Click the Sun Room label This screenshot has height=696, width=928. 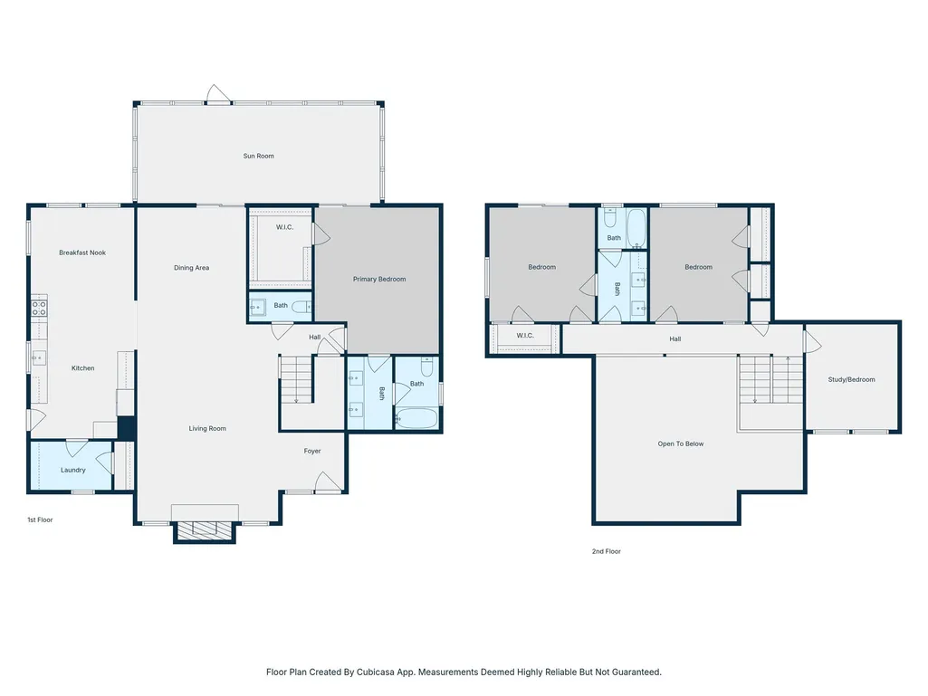(x=259, y=157)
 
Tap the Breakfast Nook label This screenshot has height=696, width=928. (x=82, y=253)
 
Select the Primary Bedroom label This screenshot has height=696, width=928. (x=379, y=280)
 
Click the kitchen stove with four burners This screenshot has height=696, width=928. (x=39, y=308)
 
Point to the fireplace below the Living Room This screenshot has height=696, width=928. (x=205, y=531)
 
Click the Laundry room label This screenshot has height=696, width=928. (x=72, y=471)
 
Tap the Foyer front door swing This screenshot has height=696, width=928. (x=328, y=481)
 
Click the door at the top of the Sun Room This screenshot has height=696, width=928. (x=218, y=93)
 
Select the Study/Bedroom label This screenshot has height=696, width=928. (x=851, y=380)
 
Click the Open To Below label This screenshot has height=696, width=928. (x=681, y=443)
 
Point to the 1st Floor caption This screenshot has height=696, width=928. (x=40, y=520)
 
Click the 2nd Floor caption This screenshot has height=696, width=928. (x=607, y=551)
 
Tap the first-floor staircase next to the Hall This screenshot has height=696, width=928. (x=297, y=379)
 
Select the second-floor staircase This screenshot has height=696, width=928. (x=770, y=379)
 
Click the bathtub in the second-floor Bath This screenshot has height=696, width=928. (x=636, y=228)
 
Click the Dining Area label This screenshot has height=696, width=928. (x=191, y=268)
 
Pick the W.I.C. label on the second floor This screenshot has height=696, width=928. (x=525, y=336)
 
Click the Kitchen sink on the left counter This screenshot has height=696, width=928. (x=39, y=358)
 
